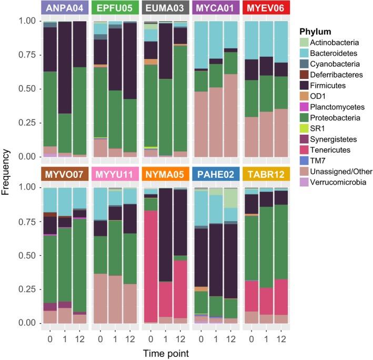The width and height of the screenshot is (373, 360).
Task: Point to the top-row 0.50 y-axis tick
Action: [26, 89]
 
